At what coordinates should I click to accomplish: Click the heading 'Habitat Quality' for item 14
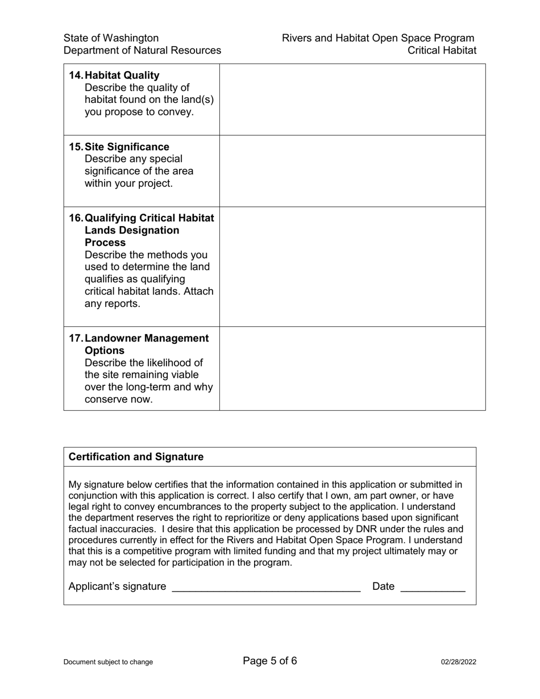coord(122,76)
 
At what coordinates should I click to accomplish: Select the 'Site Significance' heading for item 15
coord(127,147)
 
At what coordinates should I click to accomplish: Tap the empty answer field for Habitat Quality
coord(352,99)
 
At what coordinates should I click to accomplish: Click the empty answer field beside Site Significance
coord(352,171)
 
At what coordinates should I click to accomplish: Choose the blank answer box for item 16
coord(352,267)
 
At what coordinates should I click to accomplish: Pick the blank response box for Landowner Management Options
coord(352,368)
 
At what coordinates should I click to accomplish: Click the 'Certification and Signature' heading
coord(136,457)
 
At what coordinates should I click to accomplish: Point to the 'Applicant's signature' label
coord(117,586)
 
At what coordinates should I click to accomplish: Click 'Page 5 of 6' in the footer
coord(270,661)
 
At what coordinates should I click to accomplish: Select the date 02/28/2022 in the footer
coord(459,662)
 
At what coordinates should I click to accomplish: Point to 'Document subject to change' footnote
coord(108,662)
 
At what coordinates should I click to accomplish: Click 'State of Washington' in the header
coord(111,38)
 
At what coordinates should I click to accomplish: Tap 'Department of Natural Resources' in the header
coord(142,51)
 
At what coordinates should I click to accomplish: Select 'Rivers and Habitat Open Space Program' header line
coord(378,38)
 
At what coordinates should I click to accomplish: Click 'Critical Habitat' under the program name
coord(442,51)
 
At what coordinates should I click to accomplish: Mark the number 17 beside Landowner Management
coord(75,339)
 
